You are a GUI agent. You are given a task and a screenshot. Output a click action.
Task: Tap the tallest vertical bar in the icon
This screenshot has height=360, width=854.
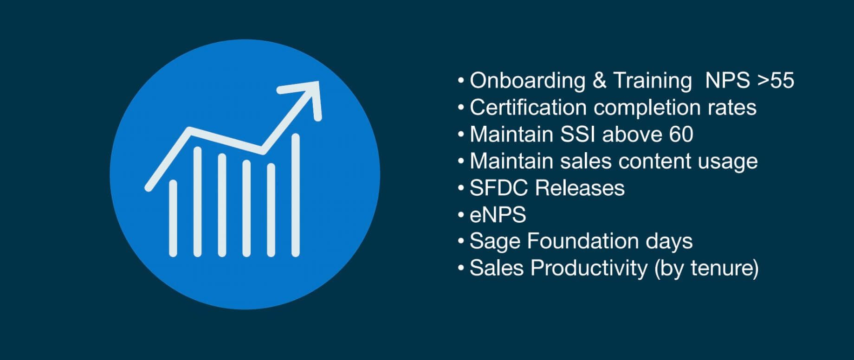tap(295, 195)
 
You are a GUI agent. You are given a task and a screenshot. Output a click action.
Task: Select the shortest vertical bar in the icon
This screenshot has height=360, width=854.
tap(173, 218)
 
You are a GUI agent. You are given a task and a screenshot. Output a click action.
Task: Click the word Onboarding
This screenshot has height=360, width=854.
tap(528, 81)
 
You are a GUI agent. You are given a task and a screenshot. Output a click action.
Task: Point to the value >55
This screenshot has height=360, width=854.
tap(776, 80)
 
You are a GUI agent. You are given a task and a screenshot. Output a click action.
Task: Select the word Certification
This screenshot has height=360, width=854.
tap(528, 107)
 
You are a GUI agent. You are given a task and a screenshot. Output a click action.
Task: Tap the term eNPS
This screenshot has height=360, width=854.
tap(498, 215)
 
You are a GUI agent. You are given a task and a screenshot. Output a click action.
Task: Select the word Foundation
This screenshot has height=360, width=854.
tap(583, 241)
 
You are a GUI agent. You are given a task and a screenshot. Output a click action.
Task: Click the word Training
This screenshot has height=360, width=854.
tap(653, 81)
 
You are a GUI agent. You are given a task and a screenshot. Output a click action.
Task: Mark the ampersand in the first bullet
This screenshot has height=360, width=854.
tap(599, 81)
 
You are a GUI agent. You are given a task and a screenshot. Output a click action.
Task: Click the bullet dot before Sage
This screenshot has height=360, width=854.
tap(460, 241)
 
